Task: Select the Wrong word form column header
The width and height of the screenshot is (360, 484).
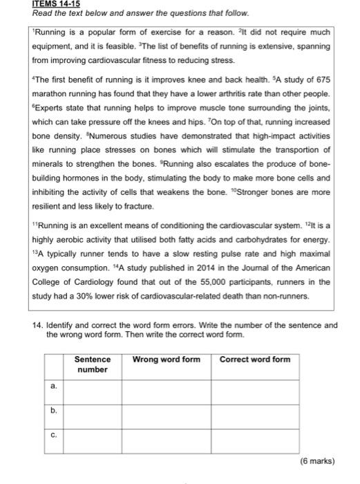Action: click(x=166, y=360)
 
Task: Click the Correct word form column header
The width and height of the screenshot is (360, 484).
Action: click(x=254, y=360)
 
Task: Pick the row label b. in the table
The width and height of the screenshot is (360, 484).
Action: click(x=54, y=411)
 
